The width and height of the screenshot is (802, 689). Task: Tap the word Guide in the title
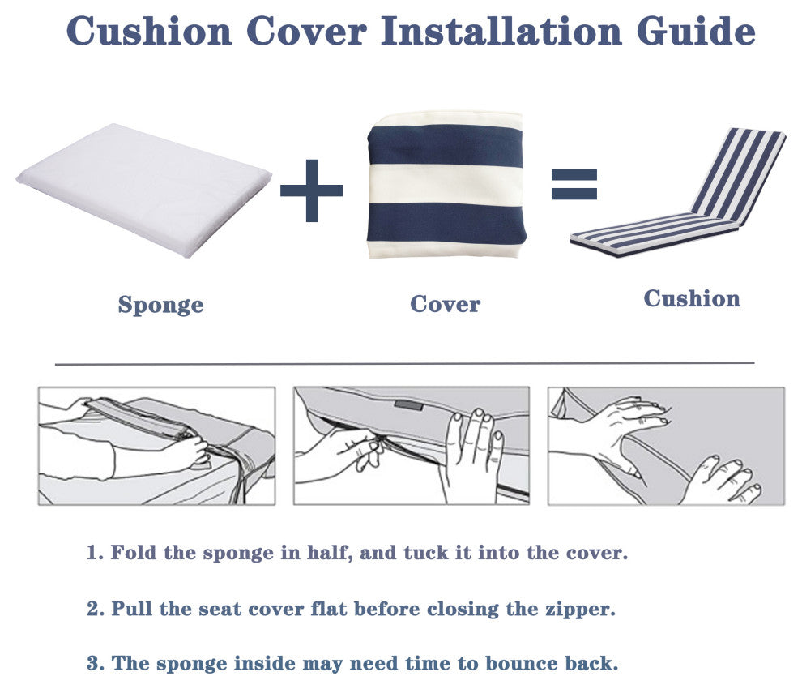[696, 31]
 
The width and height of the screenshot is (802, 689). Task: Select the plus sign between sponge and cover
[312, 190]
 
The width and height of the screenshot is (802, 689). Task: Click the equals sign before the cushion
[574, 184]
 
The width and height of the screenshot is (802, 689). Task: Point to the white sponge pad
[143, 190]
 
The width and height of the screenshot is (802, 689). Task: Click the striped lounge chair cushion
[678, 195]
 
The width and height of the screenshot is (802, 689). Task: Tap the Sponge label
[160, 305]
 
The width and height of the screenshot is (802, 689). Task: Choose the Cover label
[445, 304]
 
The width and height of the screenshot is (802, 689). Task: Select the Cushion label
[692, 299]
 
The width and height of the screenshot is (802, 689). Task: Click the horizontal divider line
[404, 364]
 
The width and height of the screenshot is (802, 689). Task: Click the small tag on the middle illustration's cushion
[408, 405]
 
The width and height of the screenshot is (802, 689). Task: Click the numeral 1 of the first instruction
[92, 553]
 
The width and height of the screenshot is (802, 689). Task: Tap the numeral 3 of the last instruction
[92, 663]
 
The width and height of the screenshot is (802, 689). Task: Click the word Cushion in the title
[149, 31]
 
